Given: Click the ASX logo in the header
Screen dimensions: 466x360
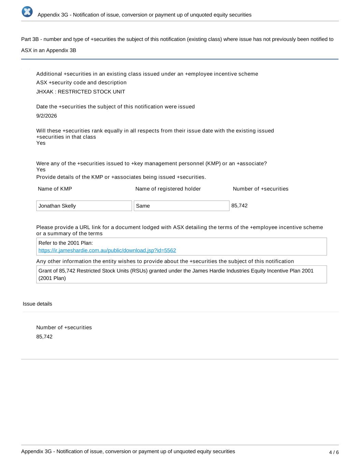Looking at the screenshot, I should (27, 12).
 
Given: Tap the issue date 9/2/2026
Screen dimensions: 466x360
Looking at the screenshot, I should (46, 116).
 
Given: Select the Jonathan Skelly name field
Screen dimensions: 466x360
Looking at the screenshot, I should (84, 206).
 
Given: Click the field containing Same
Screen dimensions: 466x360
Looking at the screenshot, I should (181, 206).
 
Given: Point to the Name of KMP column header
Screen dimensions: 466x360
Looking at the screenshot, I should (55, 189).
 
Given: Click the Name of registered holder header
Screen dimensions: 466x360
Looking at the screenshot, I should (168, 189).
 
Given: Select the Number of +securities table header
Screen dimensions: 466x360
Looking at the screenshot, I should (260, 189).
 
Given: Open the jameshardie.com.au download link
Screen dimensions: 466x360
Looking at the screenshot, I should (107, 251).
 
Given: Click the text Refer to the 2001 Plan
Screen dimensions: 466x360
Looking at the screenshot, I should (66, 243).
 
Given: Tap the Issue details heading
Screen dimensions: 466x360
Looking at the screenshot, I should (38, 304).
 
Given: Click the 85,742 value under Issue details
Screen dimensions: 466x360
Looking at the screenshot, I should (44, 337).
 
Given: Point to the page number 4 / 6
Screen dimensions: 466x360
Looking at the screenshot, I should (334, 452).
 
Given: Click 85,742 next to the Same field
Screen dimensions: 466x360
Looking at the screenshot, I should (240, 206).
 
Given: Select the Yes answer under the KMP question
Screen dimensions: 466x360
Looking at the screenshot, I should (41, 170).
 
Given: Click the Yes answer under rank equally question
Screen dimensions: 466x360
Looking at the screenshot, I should (41, 143).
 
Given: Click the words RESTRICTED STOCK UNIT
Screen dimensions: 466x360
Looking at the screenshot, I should (91, 92).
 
